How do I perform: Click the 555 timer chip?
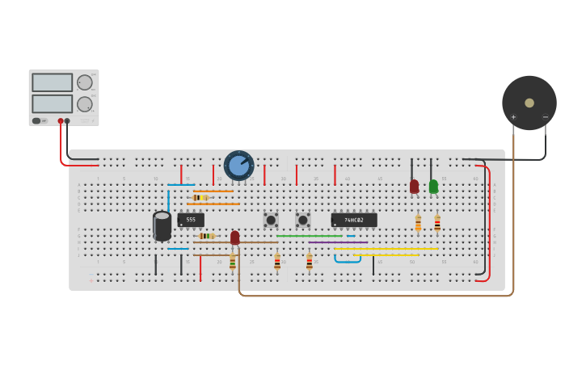coord(191,220)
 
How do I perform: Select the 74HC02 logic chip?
coord(353,220)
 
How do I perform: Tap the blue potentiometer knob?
coord(238,166)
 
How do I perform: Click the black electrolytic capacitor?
coord(162,226)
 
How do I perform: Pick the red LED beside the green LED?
coord(415,187)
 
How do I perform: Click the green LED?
coord(433,187)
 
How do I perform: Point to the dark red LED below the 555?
coord(235,238)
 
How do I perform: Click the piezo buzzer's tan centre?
coord(529,103)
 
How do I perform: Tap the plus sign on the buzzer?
coord(513,117)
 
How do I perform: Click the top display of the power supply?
coord(53,82)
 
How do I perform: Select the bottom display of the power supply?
coord(53,103)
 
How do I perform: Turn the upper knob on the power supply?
coord(84,82)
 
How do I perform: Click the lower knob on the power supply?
coord(84,103)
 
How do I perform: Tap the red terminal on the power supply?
coord(61,121)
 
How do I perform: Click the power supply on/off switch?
coord(37,121)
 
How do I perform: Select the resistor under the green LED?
coord(437,223)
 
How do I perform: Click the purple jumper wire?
coord(338,242)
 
